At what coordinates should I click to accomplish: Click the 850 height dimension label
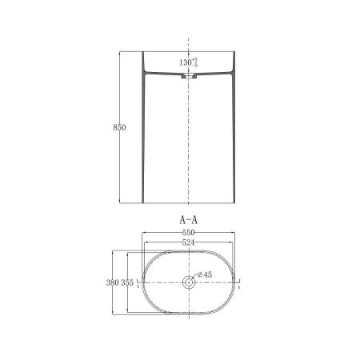[119, 127]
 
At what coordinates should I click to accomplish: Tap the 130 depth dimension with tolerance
[189, 62]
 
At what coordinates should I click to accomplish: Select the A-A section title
[189, 220]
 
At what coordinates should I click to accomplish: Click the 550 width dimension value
[188, 233]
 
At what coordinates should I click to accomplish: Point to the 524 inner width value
[188, 242]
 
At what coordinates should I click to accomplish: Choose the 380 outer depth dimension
[112, 282]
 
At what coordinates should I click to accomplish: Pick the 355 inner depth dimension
[127, 282]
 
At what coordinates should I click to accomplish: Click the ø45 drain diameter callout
[205, 274]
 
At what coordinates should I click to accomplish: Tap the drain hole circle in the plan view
[189, 282]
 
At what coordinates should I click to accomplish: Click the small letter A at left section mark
[138, 287]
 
